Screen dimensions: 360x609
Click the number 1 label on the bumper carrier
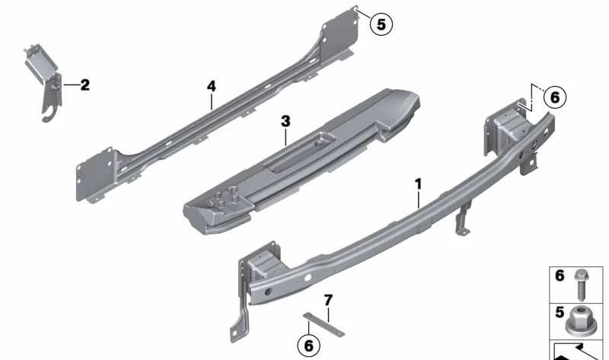point(418,183)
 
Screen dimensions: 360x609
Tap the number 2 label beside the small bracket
point(84,85)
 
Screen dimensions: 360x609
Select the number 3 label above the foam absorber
point(285,121)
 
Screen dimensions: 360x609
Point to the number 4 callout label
point(211,88)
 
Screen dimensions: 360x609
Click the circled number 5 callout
point(381,24)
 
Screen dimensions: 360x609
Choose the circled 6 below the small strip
point(308,345)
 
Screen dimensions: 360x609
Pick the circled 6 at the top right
point(553,97)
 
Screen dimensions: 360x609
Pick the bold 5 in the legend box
point(560,313)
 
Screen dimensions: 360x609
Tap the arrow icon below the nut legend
point(579,351)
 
